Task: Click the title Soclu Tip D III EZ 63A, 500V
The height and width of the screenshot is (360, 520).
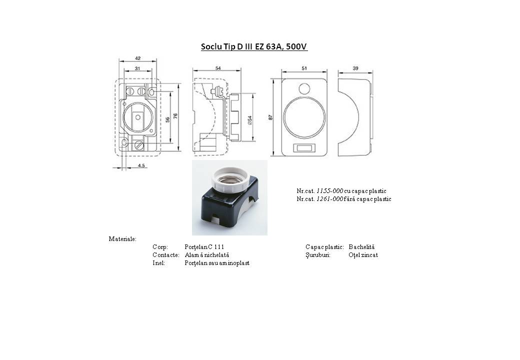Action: click(x=254, y=46)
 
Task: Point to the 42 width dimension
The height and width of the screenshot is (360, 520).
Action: click(x=137, y=58)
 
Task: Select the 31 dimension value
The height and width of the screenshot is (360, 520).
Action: click(x=137, y=68)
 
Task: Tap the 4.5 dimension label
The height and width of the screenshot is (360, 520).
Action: click(x=141, y=165)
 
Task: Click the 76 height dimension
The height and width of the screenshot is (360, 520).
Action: click(x=175, y=116)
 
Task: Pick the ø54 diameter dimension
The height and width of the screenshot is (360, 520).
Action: click(x=249, y=119)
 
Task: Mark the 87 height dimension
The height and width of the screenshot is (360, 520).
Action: click(x=270, y=117)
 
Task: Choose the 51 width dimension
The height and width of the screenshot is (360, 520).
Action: click(x=304, y=68)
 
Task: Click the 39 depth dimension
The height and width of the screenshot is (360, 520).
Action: click(x=355, y=68)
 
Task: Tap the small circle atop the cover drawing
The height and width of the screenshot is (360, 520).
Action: click(x=304, y=88)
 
